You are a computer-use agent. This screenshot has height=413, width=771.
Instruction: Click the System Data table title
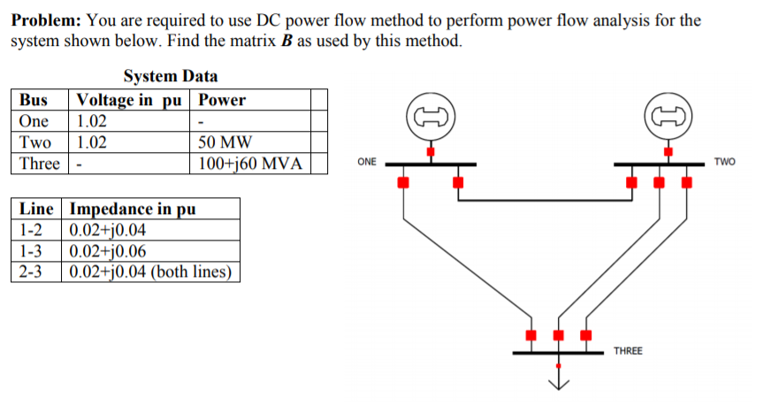(171, 77)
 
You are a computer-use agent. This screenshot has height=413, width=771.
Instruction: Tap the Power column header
(223, 100)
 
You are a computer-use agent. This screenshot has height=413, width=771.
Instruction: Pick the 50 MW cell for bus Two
(225, 142)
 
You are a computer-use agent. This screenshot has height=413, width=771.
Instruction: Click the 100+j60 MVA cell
(250, 164)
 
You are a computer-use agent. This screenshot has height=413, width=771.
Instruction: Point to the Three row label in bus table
(39, 164)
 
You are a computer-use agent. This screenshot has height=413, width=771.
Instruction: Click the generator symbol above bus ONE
(431, 117)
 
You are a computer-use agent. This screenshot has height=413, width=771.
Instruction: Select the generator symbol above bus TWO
(669, 117)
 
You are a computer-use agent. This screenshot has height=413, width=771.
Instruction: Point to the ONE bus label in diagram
(367, 163)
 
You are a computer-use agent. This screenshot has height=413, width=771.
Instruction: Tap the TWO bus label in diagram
(722, 163)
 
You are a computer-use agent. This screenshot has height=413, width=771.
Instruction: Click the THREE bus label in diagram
(628, 351)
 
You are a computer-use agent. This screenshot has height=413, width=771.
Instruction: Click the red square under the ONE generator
(431, 152)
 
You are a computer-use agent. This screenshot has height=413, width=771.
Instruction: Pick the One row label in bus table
(34, 121)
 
